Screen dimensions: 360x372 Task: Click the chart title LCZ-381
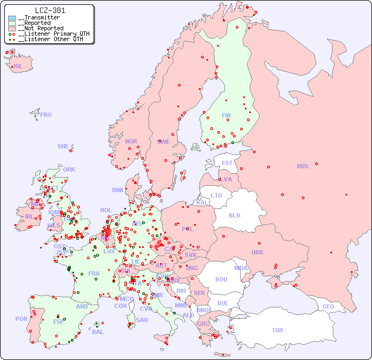point(50,10)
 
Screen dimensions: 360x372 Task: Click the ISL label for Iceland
point(18,67)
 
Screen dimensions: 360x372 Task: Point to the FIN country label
point(226,115)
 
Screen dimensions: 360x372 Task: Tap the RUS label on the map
point(302,166)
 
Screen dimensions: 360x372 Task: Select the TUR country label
point(277,330)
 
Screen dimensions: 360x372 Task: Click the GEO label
point(328,306)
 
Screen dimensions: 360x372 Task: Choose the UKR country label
point(257,252)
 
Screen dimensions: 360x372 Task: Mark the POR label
point(21,319)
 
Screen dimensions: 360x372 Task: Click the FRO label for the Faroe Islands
point(46,115)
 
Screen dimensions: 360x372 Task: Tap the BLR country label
point(235,215)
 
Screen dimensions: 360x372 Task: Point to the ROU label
point(221,279)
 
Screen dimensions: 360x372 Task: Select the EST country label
point(227,163)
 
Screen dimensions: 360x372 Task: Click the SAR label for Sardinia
point(142,320)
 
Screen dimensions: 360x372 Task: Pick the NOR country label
point(131,141)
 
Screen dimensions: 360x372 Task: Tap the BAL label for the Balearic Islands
point(97,332)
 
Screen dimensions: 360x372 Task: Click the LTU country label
point(216,195)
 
